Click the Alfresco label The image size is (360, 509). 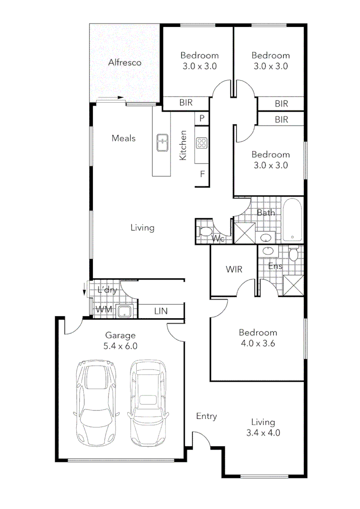[125, 62]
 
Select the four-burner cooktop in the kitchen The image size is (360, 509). [202, 142]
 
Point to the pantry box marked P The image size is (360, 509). [202, 118]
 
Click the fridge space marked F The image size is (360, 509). [202, 174]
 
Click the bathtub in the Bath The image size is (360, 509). [293, 221]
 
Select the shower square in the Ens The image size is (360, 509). [293, 285]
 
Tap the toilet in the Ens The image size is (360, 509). [293, 255]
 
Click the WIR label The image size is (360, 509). [234, 270]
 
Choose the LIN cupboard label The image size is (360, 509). [161, 311]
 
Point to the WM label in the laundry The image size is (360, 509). [103, 310]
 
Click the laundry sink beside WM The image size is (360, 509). [125, 311]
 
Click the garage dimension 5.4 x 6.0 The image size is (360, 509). [120, 345]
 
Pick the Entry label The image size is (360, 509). [206, 416]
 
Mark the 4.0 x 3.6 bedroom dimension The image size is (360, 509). [257, 343]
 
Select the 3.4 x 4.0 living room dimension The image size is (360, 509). [263, 433]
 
